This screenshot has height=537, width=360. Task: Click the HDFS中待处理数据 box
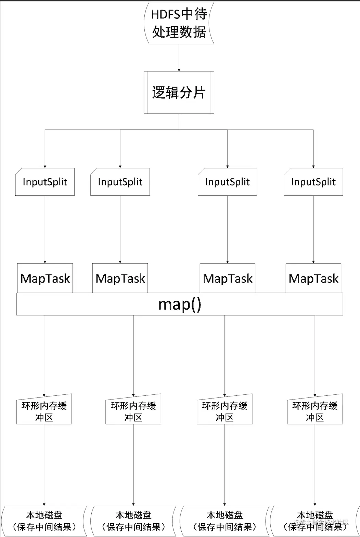(179, 23)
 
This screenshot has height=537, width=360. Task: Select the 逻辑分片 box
(179, 93)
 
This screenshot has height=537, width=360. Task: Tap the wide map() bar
(180, 304)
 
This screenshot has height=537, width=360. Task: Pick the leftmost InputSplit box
(45, 182)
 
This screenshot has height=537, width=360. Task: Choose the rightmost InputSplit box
(313, 182)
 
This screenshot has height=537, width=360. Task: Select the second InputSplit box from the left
(120, 182)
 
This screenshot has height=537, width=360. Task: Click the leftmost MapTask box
(45, 278)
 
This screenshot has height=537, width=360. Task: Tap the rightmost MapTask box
(313, 278)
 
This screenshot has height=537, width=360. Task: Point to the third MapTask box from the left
(228, 278)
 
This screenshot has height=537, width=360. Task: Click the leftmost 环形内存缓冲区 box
(44, 410)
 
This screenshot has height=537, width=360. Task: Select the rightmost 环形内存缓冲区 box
(315, 410)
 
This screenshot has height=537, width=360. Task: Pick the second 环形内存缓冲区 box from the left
(133, 410)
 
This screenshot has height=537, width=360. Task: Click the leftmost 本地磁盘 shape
(44, 521)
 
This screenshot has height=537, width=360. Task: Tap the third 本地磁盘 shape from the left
(225, 521)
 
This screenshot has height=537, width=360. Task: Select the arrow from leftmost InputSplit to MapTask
(45, 229)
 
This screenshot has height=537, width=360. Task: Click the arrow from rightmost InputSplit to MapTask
(313, 229)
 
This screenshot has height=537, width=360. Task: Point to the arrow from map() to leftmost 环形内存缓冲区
(44, 356)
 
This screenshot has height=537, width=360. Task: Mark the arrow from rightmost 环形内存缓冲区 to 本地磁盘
(315, 465)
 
